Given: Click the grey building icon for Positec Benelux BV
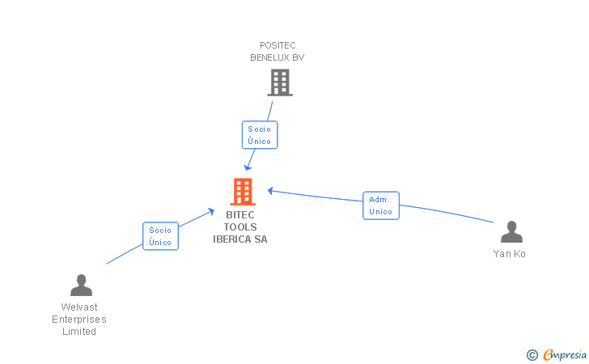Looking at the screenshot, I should (279, 83).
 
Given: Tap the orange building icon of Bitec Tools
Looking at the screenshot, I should (242, 192).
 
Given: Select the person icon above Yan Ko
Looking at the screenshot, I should (511, 232).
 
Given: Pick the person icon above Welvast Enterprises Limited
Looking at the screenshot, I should (81, 286).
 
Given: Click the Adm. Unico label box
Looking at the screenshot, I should (381, 205).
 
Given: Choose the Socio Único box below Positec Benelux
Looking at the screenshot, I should (260, 135).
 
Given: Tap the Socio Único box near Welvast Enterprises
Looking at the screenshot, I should (160, 236).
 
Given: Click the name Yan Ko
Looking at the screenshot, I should (510, 254).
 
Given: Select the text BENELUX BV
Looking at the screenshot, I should (277, 57).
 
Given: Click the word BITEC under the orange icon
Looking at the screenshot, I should (240, 215).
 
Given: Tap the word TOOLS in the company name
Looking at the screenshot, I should (240, 227).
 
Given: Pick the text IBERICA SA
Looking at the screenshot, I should (240, 239).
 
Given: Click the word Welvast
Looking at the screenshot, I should (79, 307).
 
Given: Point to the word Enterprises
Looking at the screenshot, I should (79, 320).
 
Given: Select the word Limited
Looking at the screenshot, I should (79, 332).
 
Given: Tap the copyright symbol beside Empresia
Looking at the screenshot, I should (532, 354).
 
